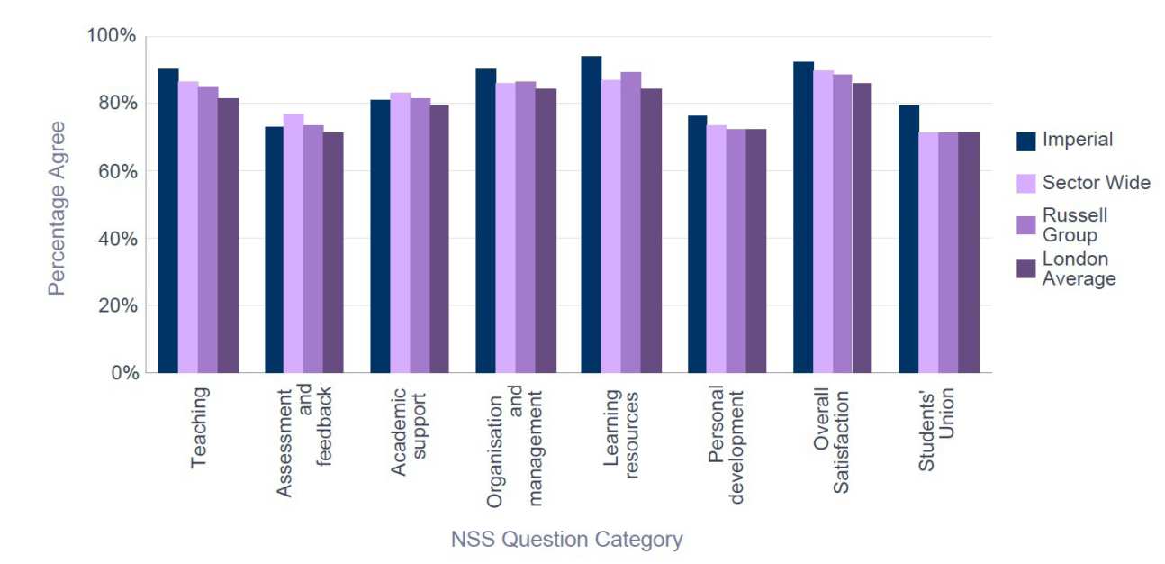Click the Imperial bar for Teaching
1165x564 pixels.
pyautogui.click(x=168, y=221)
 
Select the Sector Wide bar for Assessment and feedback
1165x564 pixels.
pyautogui.click(x=294, y=243)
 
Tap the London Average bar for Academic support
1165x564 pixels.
pyautogui.click(x=438, y=239)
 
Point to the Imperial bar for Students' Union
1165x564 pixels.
pyautogui.click(x=908, y=239)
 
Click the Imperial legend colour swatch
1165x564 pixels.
pyautogui.click(x=1025, y=141)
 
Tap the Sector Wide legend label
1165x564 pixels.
pyautogui.click(x=1096, y=183)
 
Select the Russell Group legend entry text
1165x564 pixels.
pyautogui.click(x=1075, y=225)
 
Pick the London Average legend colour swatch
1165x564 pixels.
pyautogui.click(x=1025, y=269)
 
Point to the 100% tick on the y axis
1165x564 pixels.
pyautogui.click(x=112, y=36)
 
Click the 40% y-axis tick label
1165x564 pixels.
pyautogui.click(x=116, y=239)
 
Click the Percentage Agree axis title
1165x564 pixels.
pyautogui.click(x=57, y=207)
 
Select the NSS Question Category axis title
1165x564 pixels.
pyautogui.click(x=566, y=540)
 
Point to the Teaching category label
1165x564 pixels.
pyautogui.click(x=200, y=427)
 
